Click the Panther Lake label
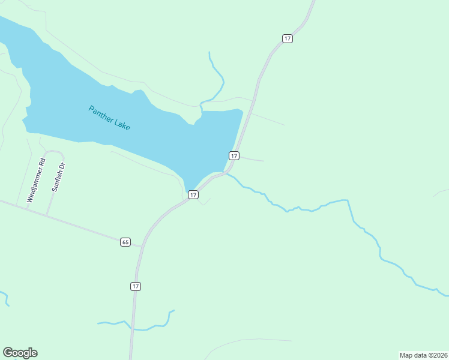tap(109, 118)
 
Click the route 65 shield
tap(125, 242)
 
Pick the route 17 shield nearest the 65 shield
tap(136, 286)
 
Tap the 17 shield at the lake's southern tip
tap(193, 194)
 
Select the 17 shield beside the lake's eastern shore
tap(234, 155)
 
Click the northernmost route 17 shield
tap(288, 38)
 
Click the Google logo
tap(20, 353)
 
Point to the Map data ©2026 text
tap(423, 355)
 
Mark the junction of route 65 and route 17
tap(142, 247)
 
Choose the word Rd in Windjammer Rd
tap(41, 162)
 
